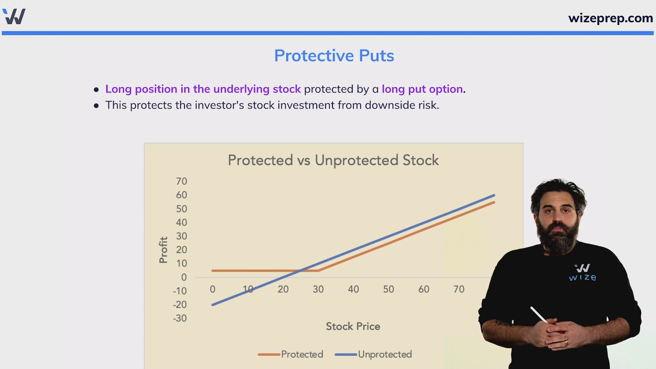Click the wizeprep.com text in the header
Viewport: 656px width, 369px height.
(611, 18)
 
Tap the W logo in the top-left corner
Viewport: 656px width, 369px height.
(14, 16)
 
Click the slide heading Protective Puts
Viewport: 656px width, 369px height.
(334, 56)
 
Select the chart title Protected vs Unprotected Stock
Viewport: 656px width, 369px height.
(333, 160)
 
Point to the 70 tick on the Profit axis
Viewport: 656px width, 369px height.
(181, 181)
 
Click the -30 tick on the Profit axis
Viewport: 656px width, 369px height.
(180, 318)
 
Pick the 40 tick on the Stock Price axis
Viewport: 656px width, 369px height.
(353, 289)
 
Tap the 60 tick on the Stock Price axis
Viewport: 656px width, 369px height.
(424, 289)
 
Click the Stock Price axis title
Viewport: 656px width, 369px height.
(353, 326)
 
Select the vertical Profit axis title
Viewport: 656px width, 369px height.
(163, 250)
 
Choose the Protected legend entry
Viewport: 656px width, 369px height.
(290, 354)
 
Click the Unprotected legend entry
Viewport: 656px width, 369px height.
(373, 354)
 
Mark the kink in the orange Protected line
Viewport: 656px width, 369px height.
(318, 271)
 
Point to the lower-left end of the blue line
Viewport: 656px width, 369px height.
(213, 305)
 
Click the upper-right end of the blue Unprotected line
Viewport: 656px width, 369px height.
(494, 195)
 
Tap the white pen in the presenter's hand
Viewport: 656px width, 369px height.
(539, 315)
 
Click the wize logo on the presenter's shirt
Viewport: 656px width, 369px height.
(583, 272)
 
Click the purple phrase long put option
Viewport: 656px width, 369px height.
(422, 89)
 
